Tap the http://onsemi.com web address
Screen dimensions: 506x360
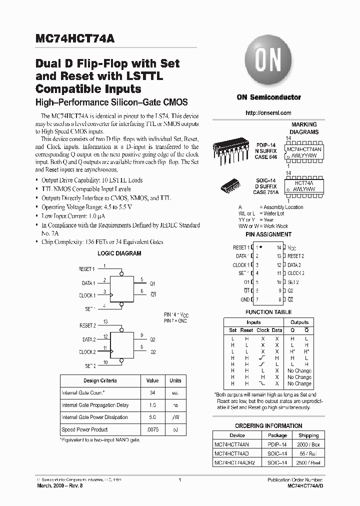pyautogui.click(x=268, y=113)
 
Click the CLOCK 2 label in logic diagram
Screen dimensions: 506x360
pyautogui.click(x=87, y=352)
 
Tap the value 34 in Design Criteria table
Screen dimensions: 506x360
pyautogui.click(x=152, y=393)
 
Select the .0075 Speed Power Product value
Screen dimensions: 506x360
pyautogui.click(x=152, y=429)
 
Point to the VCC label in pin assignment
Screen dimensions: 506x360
pyautogui.click(x=292, y=247)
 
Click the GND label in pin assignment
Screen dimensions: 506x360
pyautogui.click(x=244, y=299)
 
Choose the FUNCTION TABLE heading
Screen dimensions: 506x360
pyautogui.click(x=268, y=312)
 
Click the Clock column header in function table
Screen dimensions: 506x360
pyautogui.click(x=263, y=330)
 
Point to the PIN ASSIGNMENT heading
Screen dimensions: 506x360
pyautogui.click(x=268, y=234)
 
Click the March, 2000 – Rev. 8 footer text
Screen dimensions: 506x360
pyautogui.click(x=59, y=486)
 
